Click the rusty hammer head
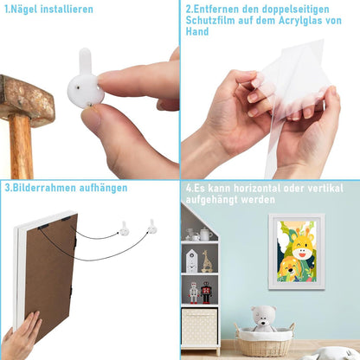pyautogui.click(x=26, y=100)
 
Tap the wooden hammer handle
pyautogui.click(x=21, y=146)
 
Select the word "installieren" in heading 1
pyautogui.click(x=67, y=10)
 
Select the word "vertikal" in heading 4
pyautogui.click(x=325, y=189)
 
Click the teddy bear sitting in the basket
pyautogui.click(x=263, y=319)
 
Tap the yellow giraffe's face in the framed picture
pyautogui.click(x=302, y=245)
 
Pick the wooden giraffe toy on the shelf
pyautogui.click(x=207, y=261)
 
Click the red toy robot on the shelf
pyautogui.click(x=206, y=292)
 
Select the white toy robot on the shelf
pyautogui.click(x=194, y=292)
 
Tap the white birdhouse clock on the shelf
pyautogui.click(x=191, y=261)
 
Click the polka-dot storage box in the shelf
pyautogui.click(x=199, y=327)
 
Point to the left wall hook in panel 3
pyautogui.click(x=125, y=228)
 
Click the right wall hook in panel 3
pyautogui.click(x=152, y=227)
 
